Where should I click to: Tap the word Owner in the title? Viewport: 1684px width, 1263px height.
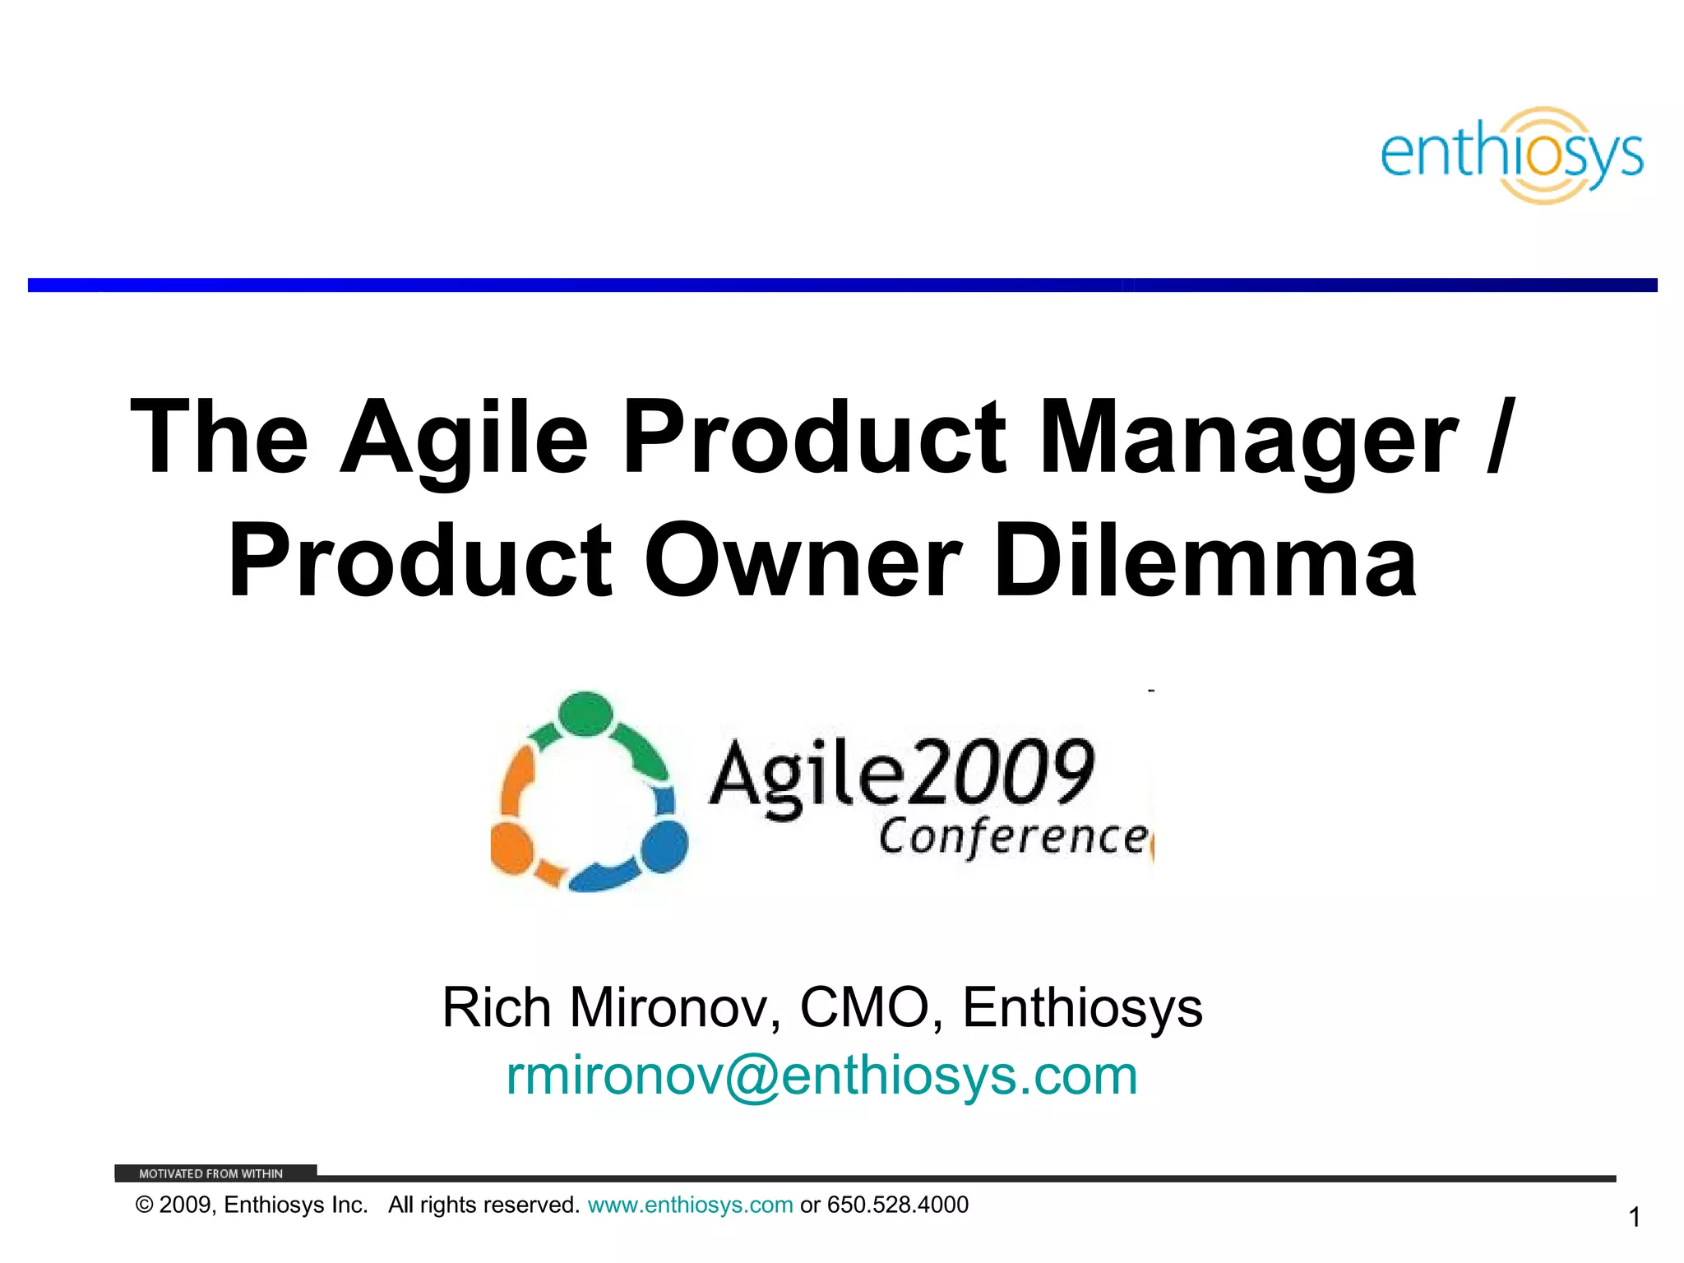(803, 561)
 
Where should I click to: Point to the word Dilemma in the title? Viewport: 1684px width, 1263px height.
(1205, 561)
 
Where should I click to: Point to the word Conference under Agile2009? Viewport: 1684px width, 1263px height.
(1013, 837)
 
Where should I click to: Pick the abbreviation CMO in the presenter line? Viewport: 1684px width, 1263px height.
(863, 1008)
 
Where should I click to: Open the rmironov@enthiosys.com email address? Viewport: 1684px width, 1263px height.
(821, 1076)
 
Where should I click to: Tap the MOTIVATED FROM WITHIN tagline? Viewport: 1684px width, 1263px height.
(210, 1173)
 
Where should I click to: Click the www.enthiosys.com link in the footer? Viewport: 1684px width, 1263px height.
(690, 1205)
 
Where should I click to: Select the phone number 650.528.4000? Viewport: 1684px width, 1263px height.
(897, 1205)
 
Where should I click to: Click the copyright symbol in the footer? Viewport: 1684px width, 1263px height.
(145, 1205)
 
